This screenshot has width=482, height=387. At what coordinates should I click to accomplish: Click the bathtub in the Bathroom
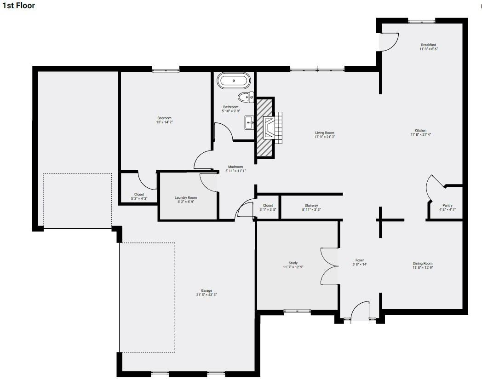(x=234, y=81)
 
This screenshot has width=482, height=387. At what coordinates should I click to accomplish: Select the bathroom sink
(x=249, y=123)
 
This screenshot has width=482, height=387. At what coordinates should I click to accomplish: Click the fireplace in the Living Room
(x=269, y=127)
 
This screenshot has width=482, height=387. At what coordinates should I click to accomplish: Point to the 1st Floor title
(x=19, y=6)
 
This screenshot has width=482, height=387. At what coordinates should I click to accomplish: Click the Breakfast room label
(x=429, y=45)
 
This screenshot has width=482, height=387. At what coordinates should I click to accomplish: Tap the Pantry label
(x=448, y=206)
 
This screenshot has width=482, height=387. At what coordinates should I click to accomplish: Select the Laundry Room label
(x=186, y=198)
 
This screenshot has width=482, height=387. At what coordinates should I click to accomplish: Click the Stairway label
(x=311, y=206)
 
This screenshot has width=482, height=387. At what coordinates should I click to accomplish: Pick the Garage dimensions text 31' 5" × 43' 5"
(x=207, y=295)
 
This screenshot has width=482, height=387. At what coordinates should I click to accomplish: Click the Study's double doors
(x=329, y=266)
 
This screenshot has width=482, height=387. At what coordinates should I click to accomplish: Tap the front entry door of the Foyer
(x=360, y=311)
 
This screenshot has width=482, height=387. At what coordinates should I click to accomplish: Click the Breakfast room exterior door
(x=389, y=42)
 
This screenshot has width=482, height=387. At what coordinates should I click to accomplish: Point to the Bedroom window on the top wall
(x=166, y=70)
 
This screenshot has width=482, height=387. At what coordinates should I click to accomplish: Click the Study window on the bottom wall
(x=297, y=311)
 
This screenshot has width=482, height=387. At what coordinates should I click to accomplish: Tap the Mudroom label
(x=235, y=167)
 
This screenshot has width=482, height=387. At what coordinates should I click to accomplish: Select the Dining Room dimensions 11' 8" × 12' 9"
(x=423, y=268)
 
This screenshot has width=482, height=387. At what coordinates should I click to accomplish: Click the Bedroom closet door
(x=147, y=180)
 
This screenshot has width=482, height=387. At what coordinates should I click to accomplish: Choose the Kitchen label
(x=420, y=130)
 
